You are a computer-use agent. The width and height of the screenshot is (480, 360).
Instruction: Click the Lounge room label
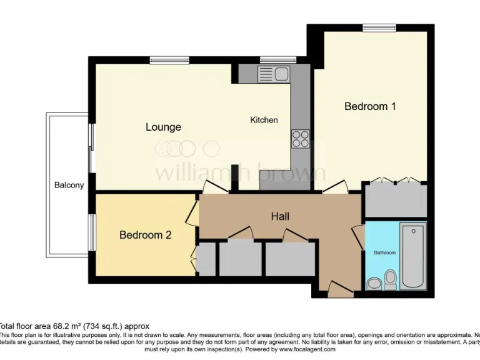tap(163, 127)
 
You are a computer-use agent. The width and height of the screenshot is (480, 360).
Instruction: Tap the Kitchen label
tap(264, 120)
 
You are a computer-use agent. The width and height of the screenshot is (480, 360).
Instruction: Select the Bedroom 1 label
tap(370, 106)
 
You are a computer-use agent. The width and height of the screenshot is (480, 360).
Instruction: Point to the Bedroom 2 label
tap(145, 235)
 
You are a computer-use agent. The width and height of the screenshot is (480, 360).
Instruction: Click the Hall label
tap(280, 216)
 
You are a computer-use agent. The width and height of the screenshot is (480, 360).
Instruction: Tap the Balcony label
tap(69, 185)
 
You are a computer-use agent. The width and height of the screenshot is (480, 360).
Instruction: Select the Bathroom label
tap(384, 252)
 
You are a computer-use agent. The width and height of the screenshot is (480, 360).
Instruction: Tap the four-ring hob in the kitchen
tap(299, 137)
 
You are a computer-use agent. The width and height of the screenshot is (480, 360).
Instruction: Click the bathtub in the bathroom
tap(412, 256)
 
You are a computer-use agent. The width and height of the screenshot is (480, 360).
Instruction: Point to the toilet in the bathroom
tap(391, 279)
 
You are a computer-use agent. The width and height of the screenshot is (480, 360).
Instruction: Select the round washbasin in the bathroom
tap(374, 284)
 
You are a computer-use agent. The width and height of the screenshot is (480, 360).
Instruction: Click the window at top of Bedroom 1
tap(379, 27)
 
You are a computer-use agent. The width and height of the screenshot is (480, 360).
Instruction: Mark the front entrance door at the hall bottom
tap(340, 289)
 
